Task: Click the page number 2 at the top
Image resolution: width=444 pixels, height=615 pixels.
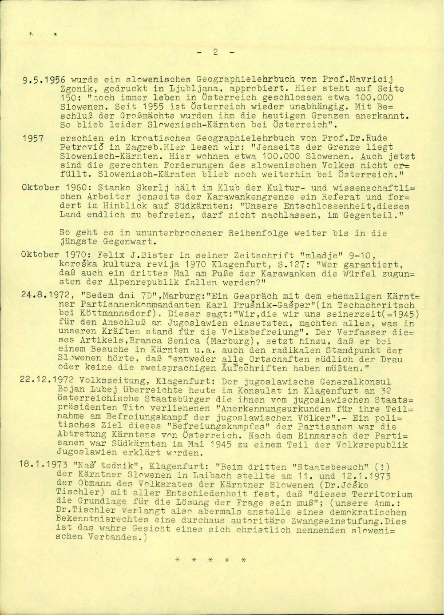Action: click(214, 52)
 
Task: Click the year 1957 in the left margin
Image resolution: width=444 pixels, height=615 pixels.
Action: click(33, 139)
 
